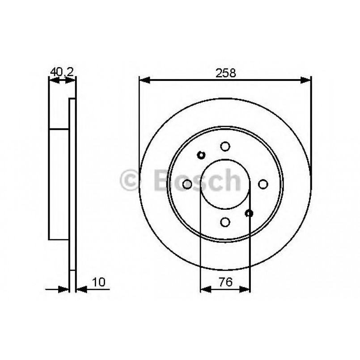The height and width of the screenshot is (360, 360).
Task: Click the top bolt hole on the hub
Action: point(225,146)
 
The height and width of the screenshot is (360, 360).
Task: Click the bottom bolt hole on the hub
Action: point(225,221)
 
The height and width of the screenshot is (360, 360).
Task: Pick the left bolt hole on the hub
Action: point(188,184)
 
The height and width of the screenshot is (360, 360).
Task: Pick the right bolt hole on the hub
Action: point(263,184)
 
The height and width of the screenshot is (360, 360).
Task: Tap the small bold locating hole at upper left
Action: point(201,155)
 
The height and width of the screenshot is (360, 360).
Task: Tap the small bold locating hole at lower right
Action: point(249,213)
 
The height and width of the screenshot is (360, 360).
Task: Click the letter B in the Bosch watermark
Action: point(162,181)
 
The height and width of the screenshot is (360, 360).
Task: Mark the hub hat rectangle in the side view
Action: point(59,184)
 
